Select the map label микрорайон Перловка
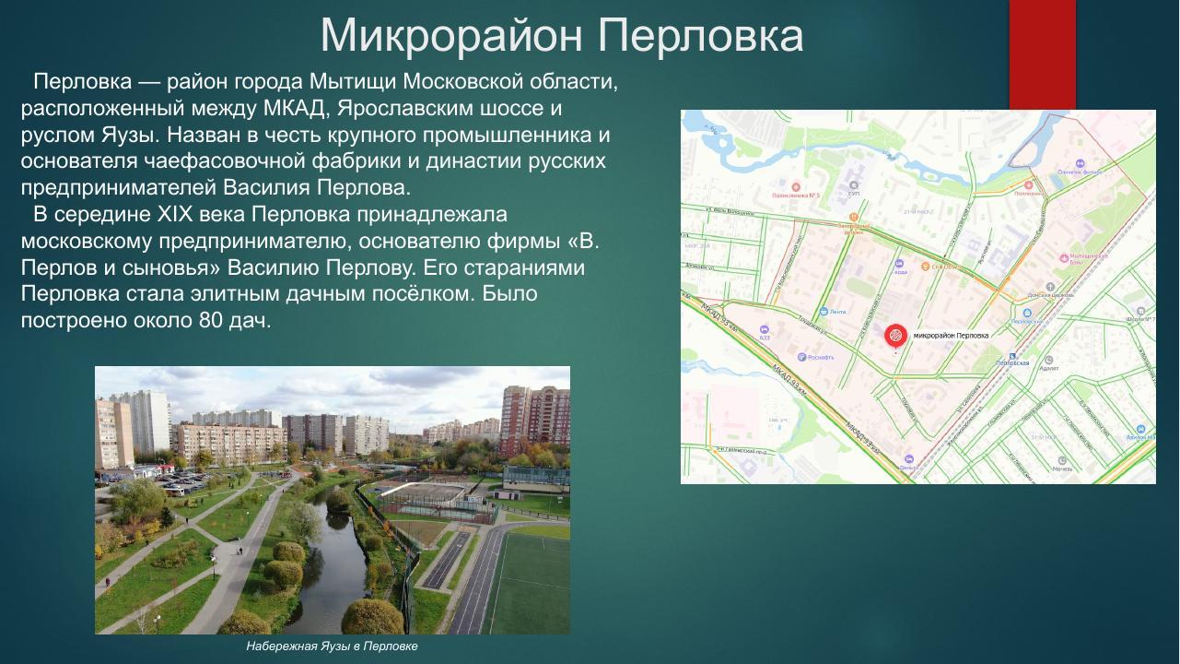tap(950, 336)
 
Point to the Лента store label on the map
tap(834, 312)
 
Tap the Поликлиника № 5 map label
tap(795, 196)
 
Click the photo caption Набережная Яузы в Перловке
tap(332, 646)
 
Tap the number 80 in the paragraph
tap(211, 321)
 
